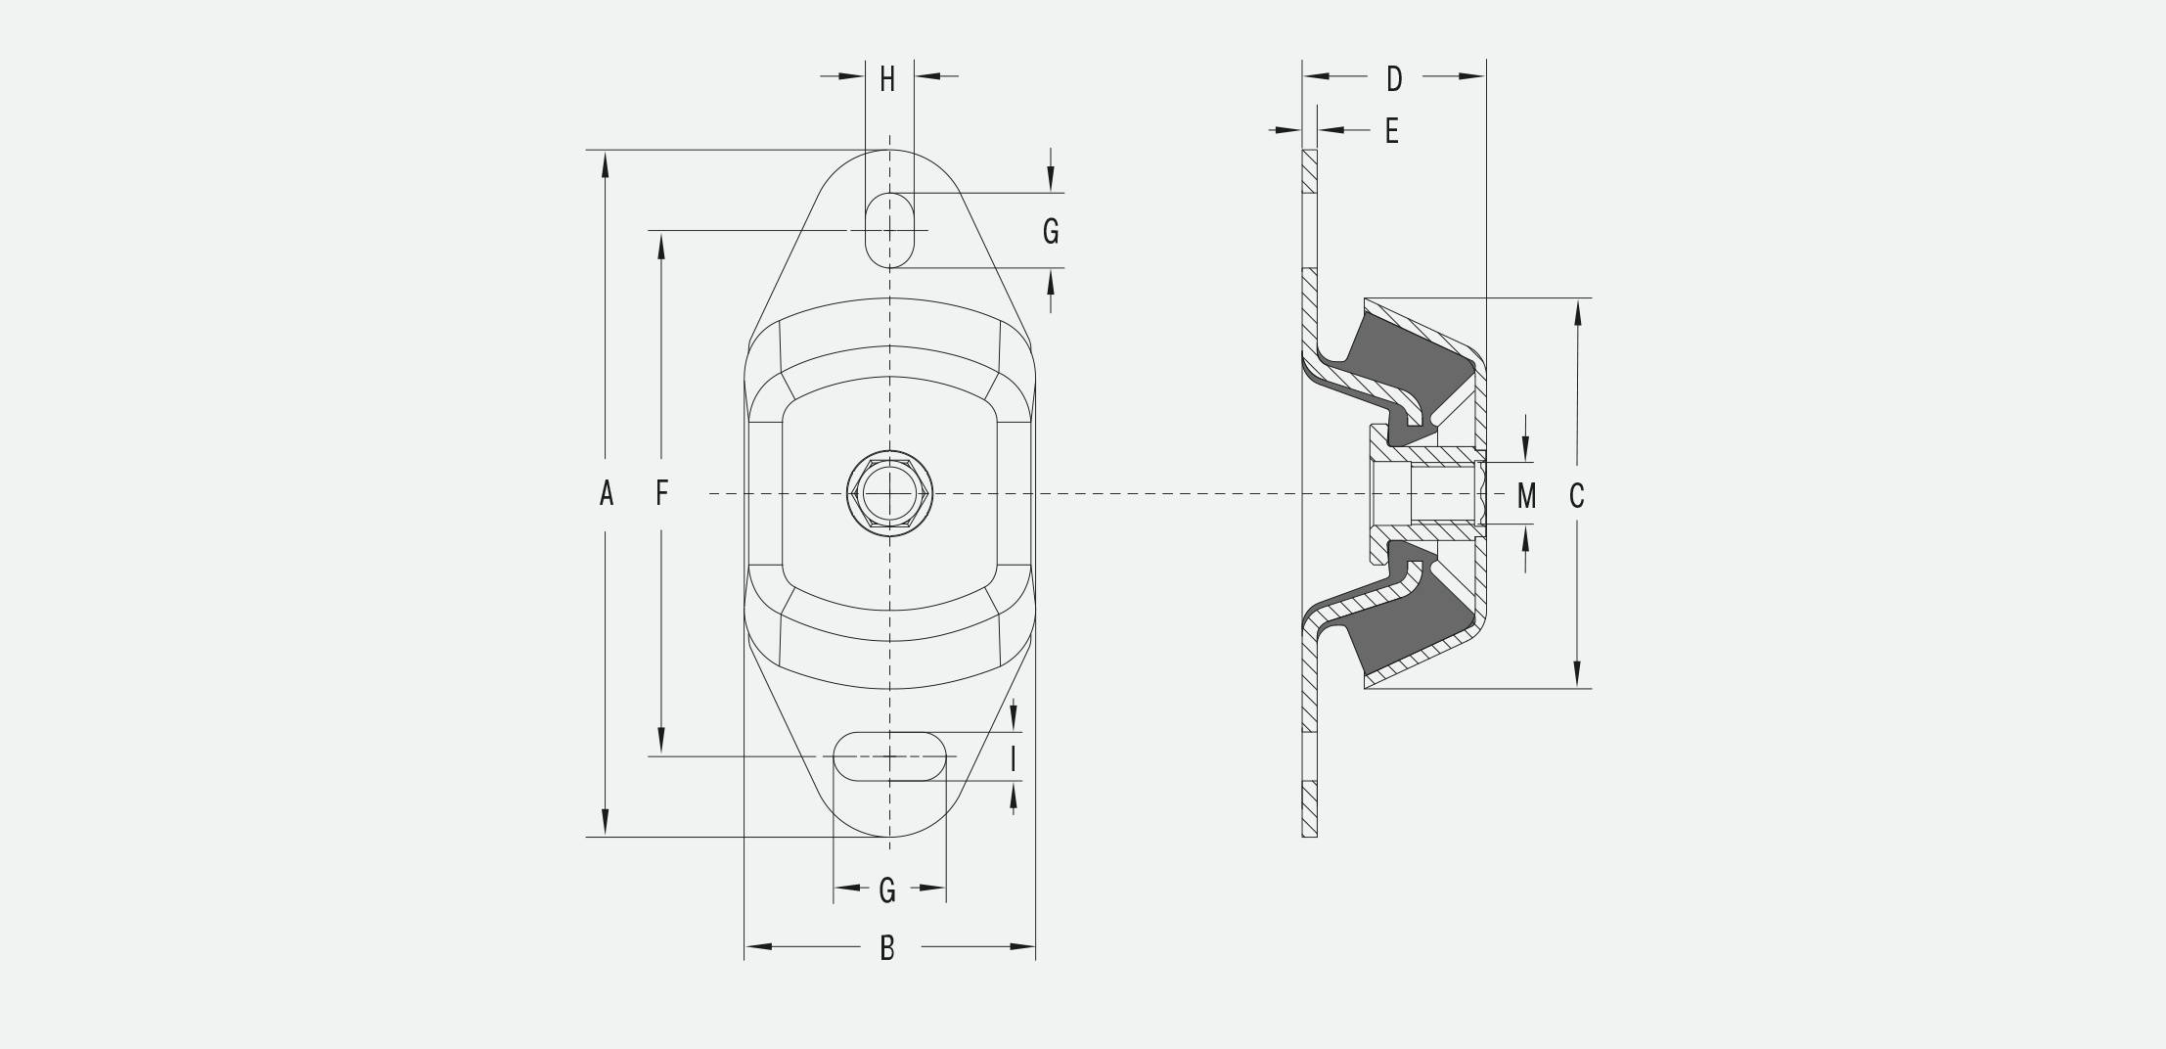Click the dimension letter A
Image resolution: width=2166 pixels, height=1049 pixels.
coord(607,493)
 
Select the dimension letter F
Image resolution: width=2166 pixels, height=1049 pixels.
coord(662,493)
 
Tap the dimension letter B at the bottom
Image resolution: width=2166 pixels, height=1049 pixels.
coord(887,947)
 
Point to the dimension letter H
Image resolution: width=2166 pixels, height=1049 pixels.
coord(887,79)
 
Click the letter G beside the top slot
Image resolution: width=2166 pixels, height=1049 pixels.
coord(1051,231)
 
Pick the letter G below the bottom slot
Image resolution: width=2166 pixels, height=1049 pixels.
coord(887,889)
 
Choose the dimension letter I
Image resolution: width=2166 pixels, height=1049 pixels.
coord(1014,758)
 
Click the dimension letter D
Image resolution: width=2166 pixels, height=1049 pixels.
coord(1394,79)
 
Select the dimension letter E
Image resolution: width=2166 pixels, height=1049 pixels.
coord(1392,130)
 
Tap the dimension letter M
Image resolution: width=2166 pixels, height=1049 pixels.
coord(1526,496)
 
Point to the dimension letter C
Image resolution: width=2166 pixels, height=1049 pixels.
coord(1576,496)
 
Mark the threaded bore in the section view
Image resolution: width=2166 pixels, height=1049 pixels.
coord(1443,494)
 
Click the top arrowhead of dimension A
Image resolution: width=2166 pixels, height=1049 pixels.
coord(606,165)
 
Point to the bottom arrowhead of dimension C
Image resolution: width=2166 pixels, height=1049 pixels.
coord(1577,674)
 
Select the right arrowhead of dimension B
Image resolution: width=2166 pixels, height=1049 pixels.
coord(1022,947)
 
